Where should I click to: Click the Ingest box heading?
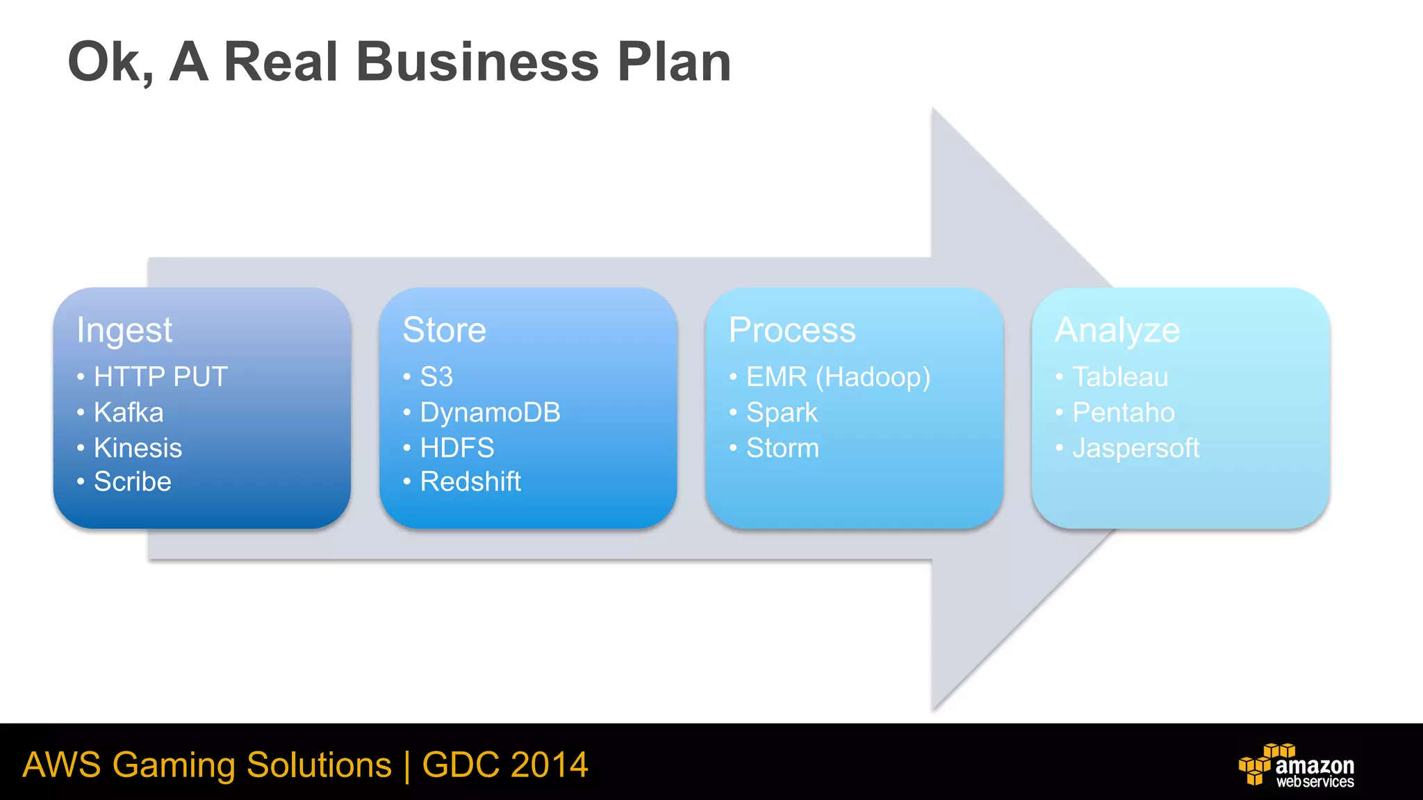tap(124, 331)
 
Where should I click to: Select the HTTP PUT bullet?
tap(161, 377)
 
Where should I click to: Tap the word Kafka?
tap(129, 412)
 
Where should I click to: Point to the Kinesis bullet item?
tap(138, 448)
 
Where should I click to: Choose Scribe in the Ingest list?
tap(132, 482)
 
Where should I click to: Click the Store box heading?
tap(444, 330)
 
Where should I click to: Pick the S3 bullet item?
tap(436, 377)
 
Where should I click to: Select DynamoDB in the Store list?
tap(490, 412)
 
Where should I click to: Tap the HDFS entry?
tap(457, 448)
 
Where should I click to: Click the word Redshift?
tap(470, 482)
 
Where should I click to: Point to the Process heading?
tap(792, 330)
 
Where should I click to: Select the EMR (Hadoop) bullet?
tap(838, 377)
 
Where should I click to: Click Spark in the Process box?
tap(782, 413)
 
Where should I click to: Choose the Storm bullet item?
tap(782, 448)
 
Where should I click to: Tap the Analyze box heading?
tap(1117, 331)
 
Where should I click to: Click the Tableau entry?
tap(1120, 377)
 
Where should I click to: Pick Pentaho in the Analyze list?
tap(1124, 412)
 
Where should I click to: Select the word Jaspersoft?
tap(1136, 449)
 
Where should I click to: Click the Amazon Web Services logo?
tap(1297, 765)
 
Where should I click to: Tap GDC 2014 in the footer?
tap(505, 765)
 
